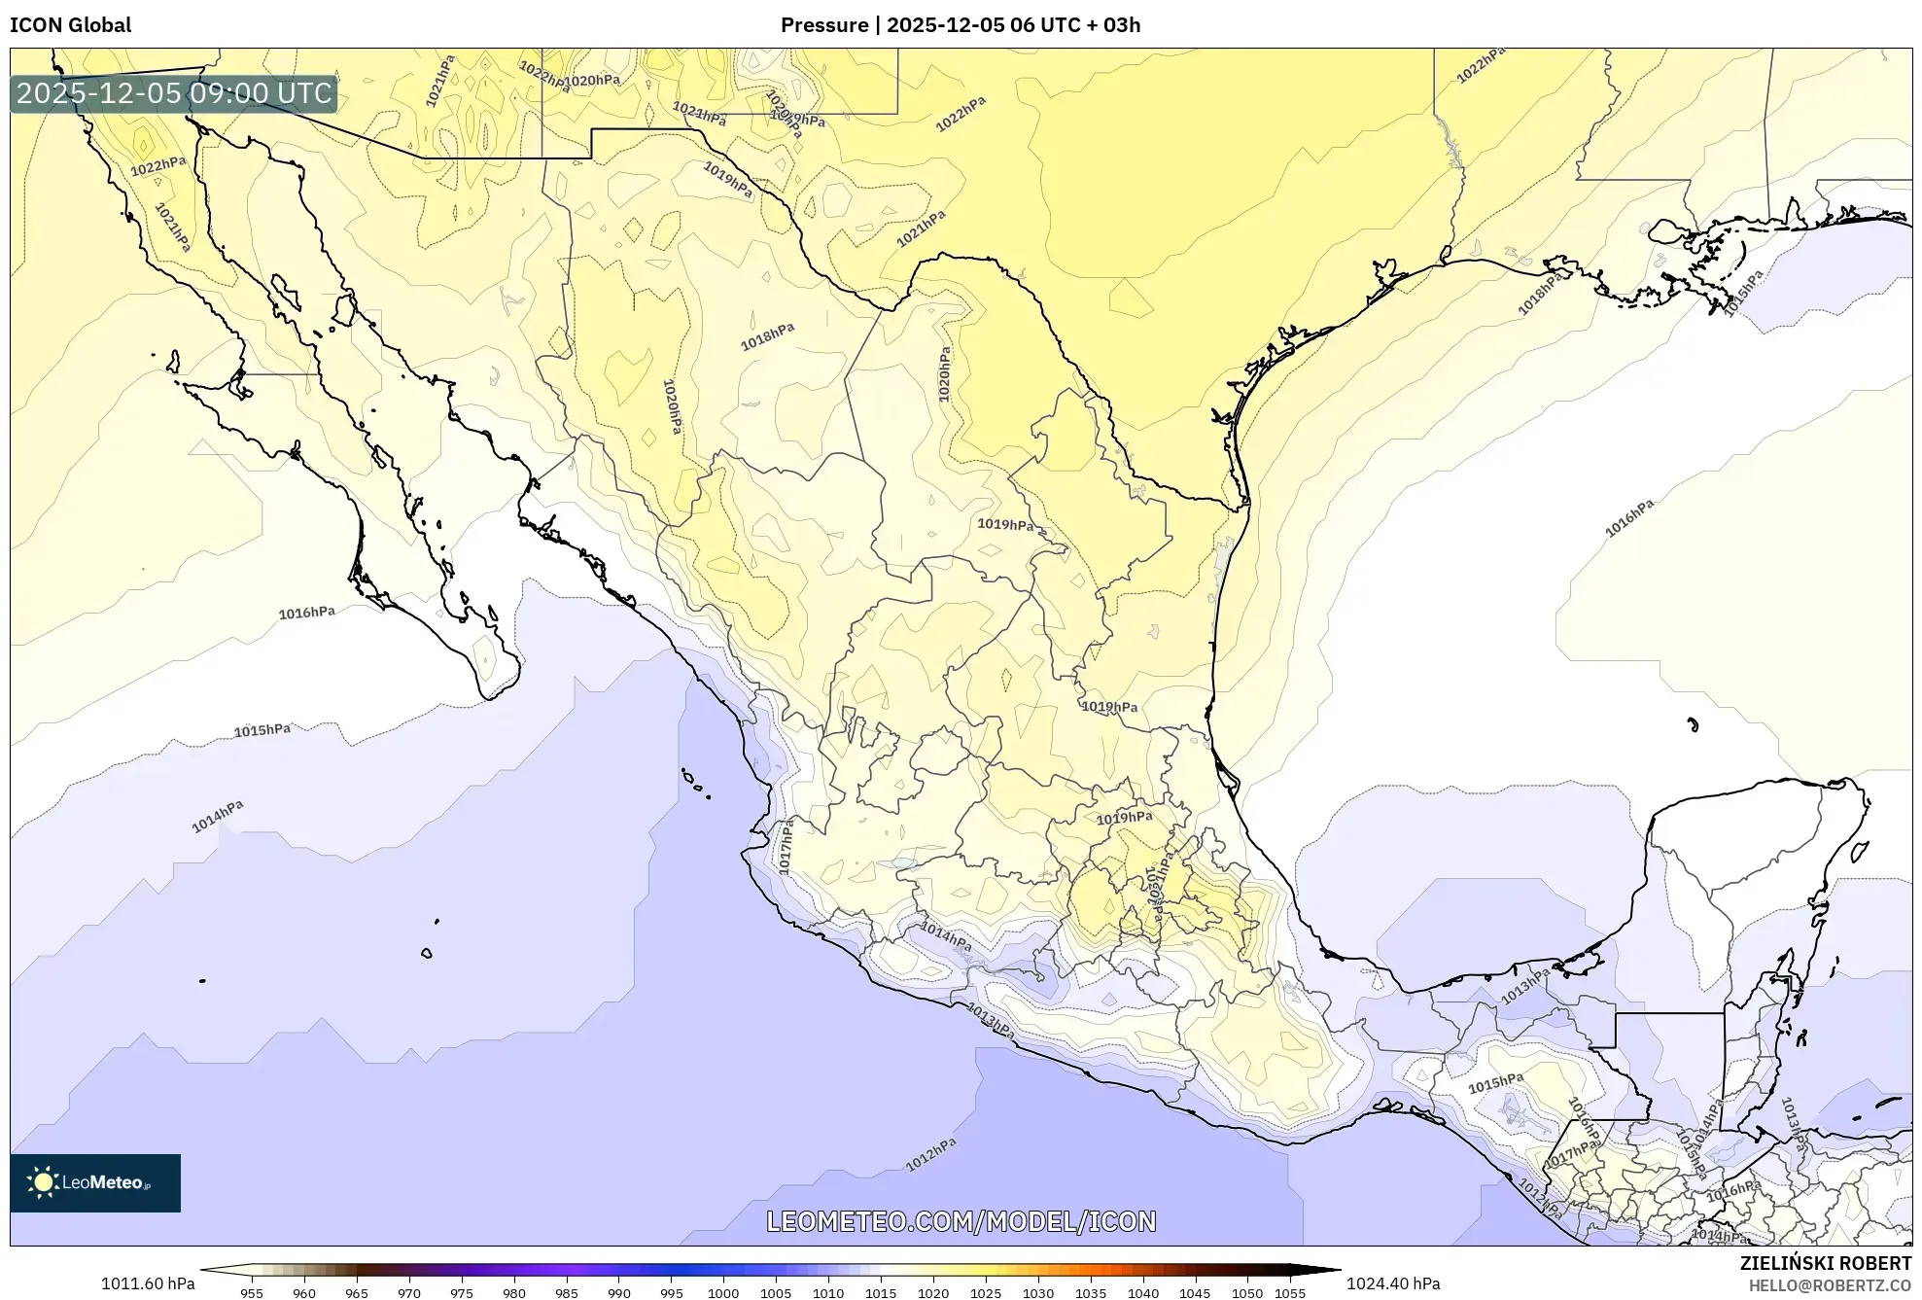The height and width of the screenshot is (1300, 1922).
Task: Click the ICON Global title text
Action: coord(71,24)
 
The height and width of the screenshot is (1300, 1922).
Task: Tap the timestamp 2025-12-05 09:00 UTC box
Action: coord(174,93)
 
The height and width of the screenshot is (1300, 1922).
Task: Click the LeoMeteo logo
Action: coord(95,1182)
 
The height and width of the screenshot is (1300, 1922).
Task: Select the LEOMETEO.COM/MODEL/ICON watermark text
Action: coord(961,1221)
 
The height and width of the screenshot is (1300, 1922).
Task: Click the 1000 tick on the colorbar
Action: coord(723,1292)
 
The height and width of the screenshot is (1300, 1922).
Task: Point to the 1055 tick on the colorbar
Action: coord(1290,1292)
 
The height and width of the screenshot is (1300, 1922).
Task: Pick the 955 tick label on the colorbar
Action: coord(252,1292)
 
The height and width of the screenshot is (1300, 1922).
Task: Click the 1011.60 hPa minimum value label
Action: coord(148,1283)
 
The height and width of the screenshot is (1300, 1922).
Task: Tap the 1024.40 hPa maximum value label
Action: coord(1393,1283)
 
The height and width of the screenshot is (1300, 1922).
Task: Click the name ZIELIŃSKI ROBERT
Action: coord(1825,1263)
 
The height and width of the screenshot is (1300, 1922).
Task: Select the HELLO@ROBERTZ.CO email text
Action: coord(1830,1285)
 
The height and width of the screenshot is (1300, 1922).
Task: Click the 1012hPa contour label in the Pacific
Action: coord(930,1154)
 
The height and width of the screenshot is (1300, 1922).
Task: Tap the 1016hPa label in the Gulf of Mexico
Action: coord(1628,518)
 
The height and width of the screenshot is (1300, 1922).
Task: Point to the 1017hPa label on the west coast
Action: coord(786,845)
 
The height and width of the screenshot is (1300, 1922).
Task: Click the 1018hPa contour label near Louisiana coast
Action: coord(1540,294)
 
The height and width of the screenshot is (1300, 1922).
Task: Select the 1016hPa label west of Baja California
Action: coord(306,613)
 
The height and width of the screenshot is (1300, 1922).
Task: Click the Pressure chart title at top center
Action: coord(960,24)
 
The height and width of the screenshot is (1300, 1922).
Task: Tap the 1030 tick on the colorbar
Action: coord(1037,1292)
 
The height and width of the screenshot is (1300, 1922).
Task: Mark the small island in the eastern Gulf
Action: coord(1693,724)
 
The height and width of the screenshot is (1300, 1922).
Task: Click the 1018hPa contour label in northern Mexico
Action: coord(767,336)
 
